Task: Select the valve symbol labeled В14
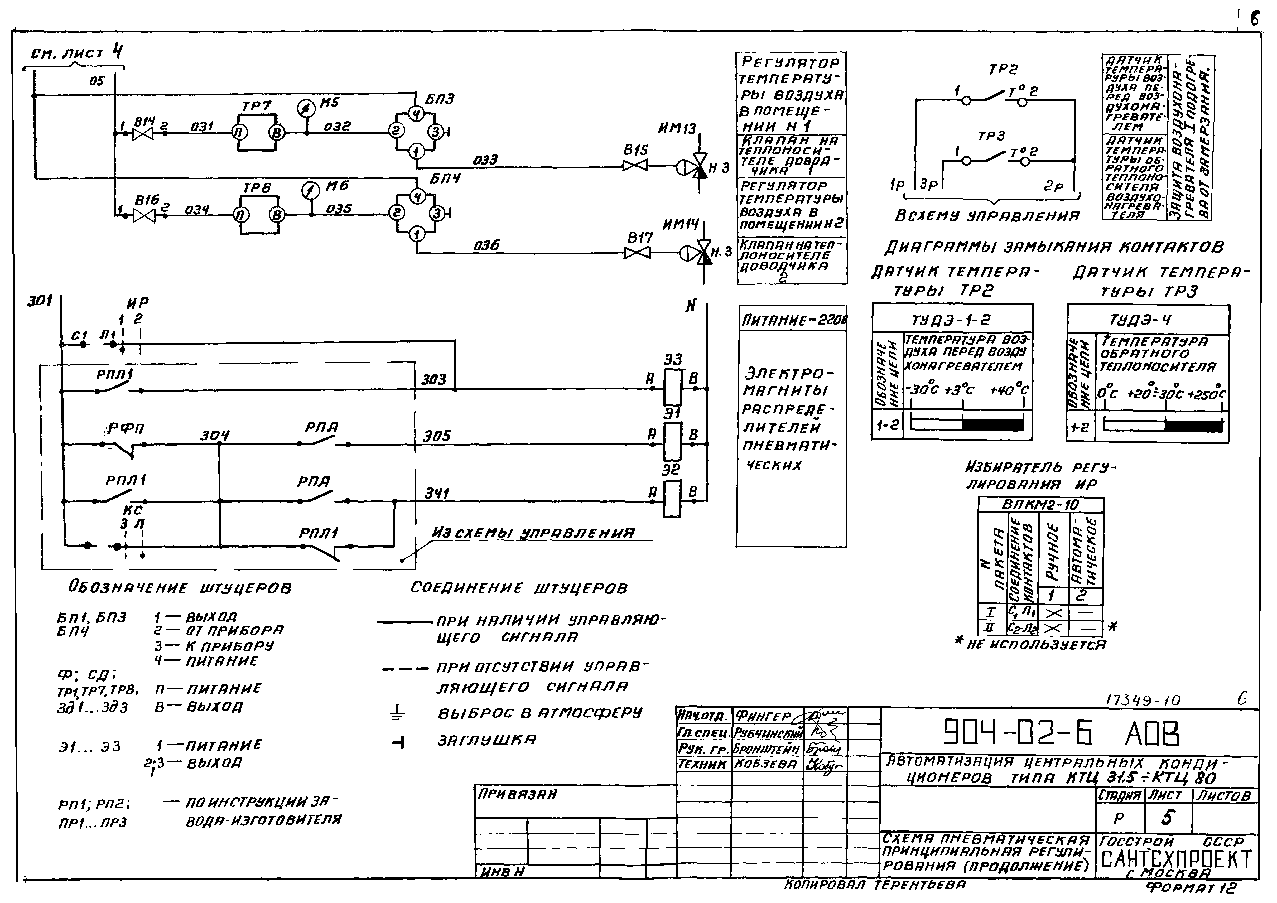(x=143, y=133)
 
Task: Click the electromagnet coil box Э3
(x=672, y=388)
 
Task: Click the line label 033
(x=485, y=160)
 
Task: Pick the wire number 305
(x=437, y=436)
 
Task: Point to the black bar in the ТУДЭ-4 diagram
(x=1194, y=426)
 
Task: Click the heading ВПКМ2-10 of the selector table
(x=1040, y=504)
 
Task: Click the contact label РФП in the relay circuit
(x=126, y=428)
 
